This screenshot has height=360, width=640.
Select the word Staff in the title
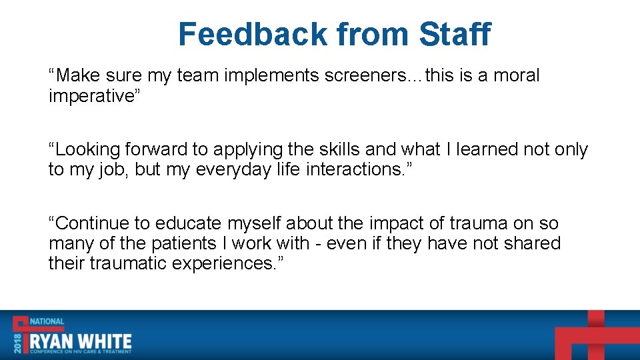click(455, 34)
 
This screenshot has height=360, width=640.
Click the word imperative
click(91, 96)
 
